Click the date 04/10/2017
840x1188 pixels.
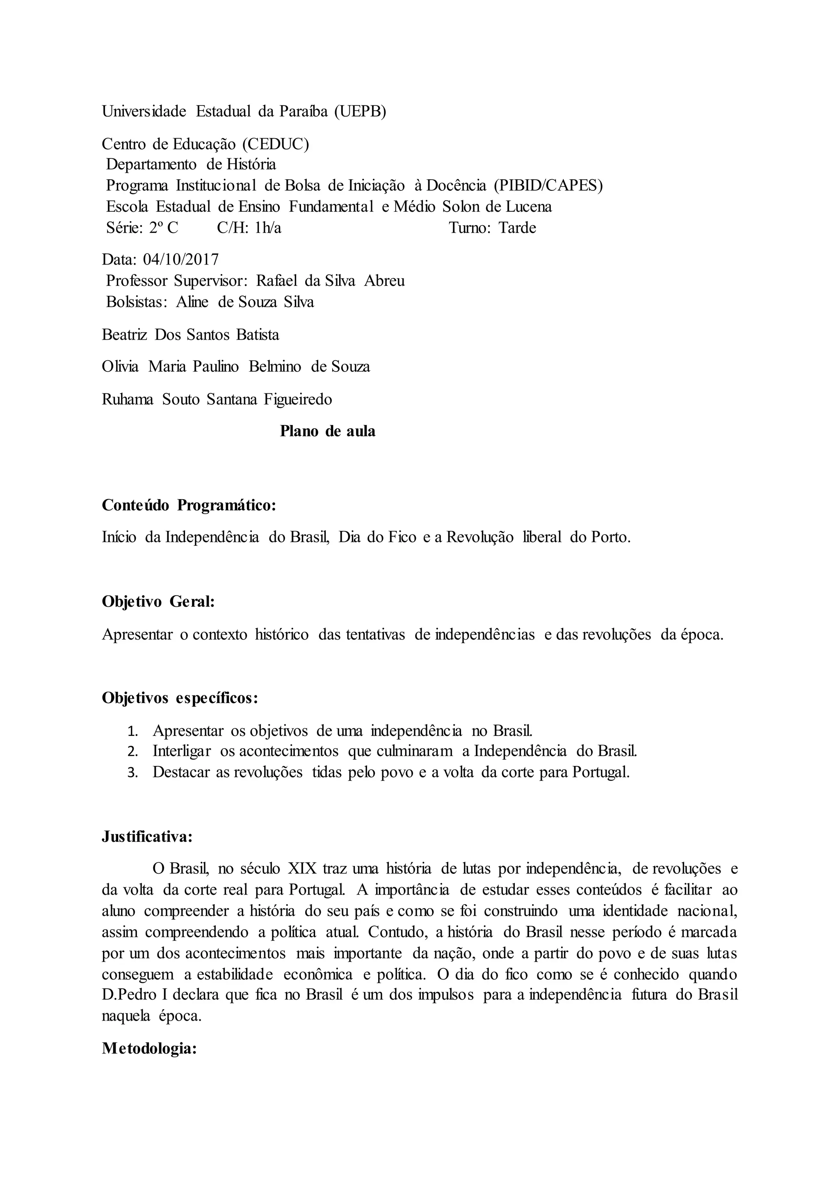(x=181, y=259)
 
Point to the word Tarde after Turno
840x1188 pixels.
(x=517, y=228)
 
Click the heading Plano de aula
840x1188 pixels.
(x=327, y=431)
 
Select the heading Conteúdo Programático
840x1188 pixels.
(x=189, y=505)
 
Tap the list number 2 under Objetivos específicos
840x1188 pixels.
(x=132, y=752)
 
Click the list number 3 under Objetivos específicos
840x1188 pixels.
(x=132, y=773)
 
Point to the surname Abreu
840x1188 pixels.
(x=384, y=281)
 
